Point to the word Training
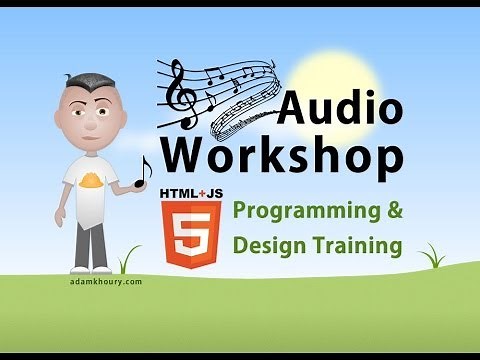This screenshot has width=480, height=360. tap(355, 244)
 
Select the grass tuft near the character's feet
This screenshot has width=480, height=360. tap(128, 261)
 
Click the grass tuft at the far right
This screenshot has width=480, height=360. tap(432, 257)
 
